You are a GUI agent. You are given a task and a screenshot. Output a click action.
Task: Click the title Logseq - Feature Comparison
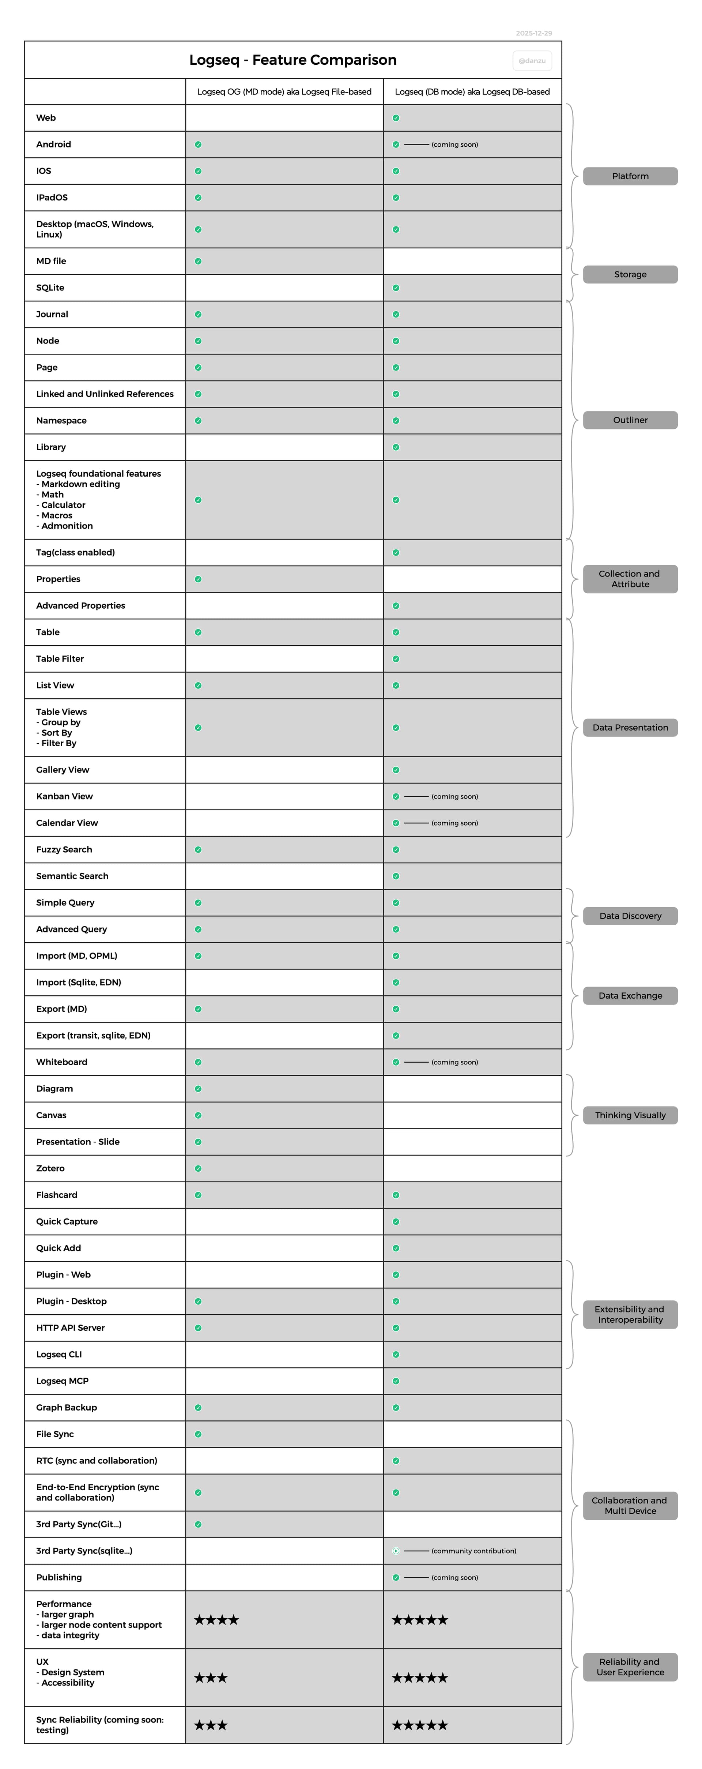pyautogui.click(x=292, y=60)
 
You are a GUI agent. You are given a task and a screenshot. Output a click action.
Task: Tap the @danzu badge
pyautogui.click(x=532, y=60)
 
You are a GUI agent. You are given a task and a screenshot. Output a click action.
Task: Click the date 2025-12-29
pyautogui.click(x=534, y=33)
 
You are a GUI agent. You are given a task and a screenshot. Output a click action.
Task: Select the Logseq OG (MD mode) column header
pyautogui.click(x=284, y=91)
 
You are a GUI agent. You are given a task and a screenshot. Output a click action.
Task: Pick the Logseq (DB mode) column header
pyautogui.click(x=472, y=91)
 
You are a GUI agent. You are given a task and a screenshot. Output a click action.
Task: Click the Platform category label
pyautogui.click(x=630, y=176)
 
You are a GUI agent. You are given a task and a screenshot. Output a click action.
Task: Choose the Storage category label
pyautogui.click(x=630, y=274)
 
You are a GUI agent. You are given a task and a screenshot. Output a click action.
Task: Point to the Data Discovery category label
pyautogui.click(x=630, y=915)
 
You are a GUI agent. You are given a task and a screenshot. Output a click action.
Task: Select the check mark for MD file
pyautogui.click(x=198, y=261)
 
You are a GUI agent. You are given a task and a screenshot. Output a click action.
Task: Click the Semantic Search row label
pyautogui.click(x=72, y=876)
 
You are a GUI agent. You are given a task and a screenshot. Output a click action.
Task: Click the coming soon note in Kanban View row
pyautogui.click(x=454, y=796)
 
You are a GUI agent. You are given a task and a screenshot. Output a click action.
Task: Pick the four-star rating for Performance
pyautogui.click(x=216, y=1619)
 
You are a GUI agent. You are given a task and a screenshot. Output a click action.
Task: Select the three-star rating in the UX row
pyautogui.click(x=211, y=1677)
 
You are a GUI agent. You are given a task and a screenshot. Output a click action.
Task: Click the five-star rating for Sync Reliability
pyautogui.click(x=419, y=1724)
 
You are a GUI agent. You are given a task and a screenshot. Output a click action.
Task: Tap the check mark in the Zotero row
pyautogui.click(x=198, y=1168)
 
